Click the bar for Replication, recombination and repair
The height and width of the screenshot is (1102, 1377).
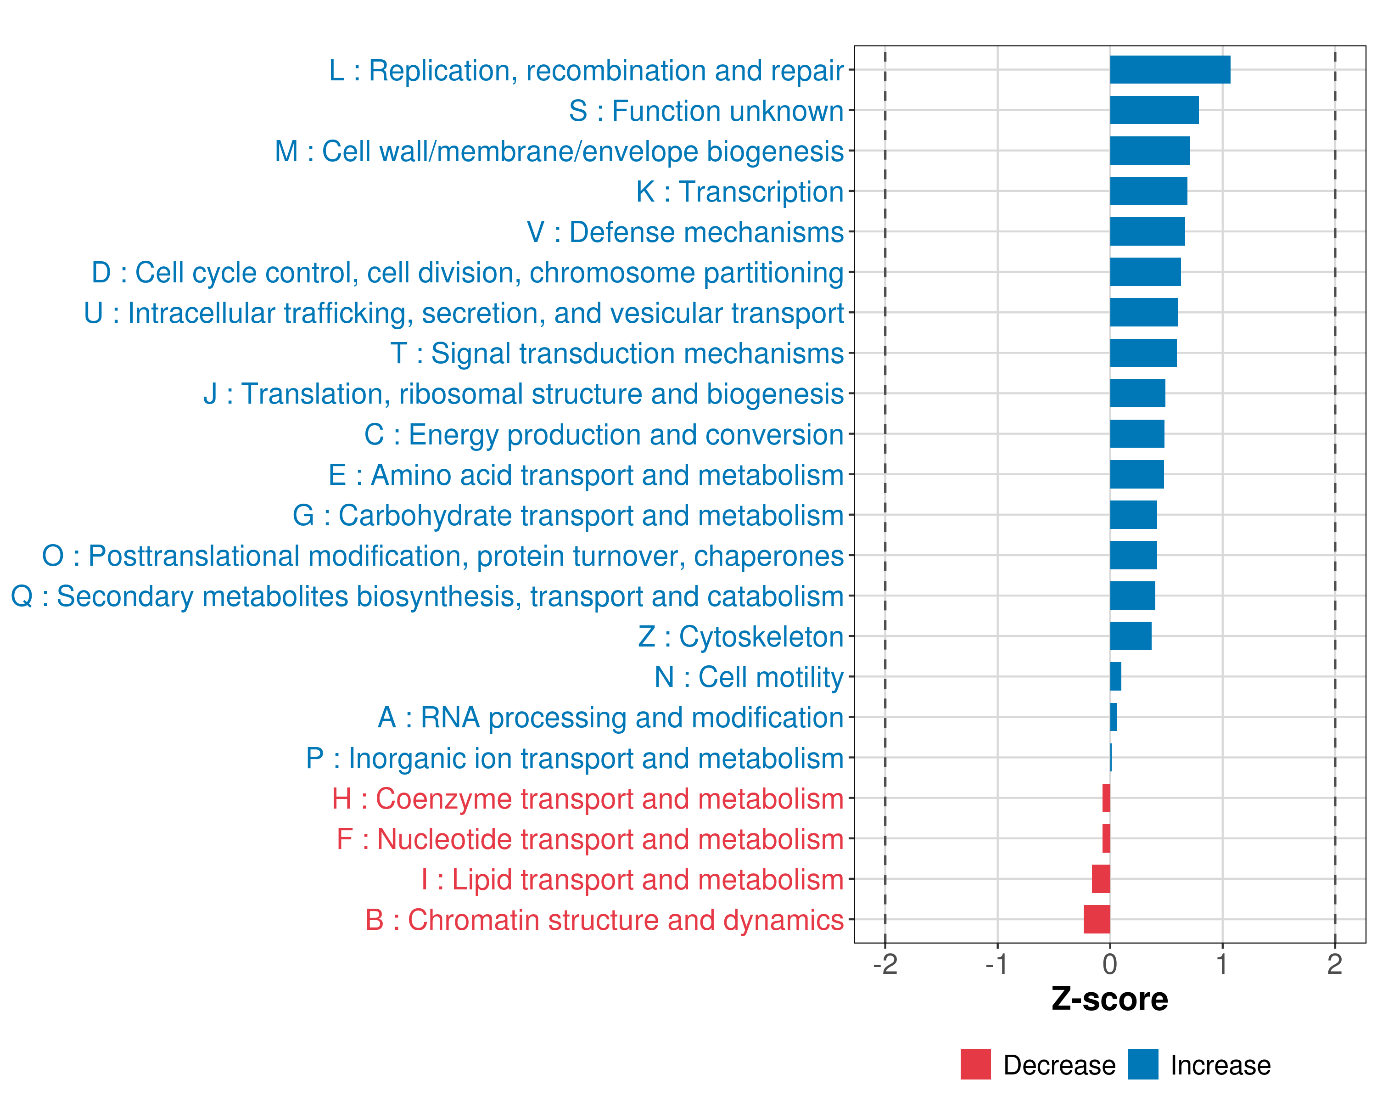click(1170, 70)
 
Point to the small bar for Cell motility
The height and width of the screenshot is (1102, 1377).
click(1115, 676)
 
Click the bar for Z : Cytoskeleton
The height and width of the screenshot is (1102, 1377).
click(1131, 636)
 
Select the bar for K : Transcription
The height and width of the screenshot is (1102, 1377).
click(1148, 191)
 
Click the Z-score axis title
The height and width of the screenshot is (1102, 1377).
click(1109, 999)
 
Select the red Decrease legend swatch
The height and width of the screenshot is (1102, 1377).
click(975, 1064)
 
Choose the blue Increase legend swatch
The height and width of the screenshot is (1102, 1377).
click(1142, 1064)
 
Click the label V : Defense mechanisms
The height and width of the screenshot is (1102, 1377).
click(685, 232)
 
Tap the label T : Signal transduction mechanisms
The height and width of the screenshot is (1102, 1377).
click(617, 353)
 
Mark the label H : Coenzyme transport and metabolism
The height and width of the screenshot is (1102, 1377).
click(588, 798)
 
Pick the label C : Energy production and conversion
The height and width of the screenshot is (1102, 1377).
click(604, 434)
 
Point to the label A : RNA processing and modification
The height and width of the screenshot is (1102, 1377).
click(610, 717)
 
